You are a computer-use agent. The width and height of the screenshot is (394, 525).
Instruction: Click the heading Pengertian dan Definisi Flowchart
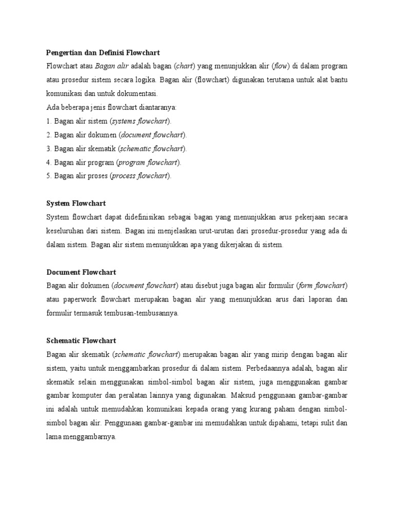pos(103,53)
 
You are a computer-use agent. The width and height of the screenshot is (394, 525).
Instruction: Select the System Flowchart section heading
pos(76,204)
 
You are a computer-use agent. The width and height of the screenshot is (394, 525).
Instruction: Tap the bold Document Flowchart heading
pos(81,272)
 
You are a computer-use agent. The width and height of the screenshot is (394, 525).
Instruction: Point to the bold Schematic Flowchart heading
pos(81,340)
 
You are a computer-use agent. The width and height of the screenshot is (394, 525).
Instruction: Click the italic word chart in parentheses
pos(184,66)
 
